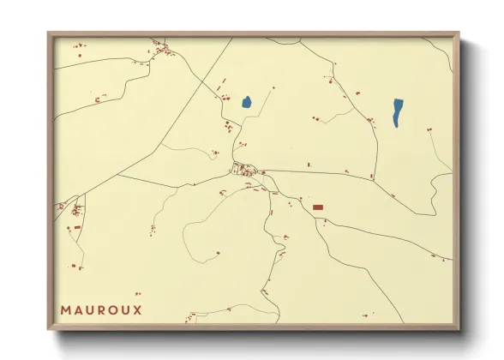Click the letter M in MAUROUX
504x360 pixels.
click(66, 309)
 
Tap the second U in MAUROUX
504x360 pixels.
click(125, 309)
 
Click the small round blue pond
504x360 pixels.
click(246, 102)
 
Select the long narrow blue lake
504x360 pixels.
click(398, 112)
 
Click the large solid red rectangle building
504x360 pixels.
click(318, 207)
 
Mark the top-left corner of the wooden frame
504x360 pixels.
click(49, 34)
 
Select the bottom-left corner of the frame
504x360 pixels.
click(49, 328)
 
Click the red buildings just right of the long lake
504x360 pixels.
click(429, 128)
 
